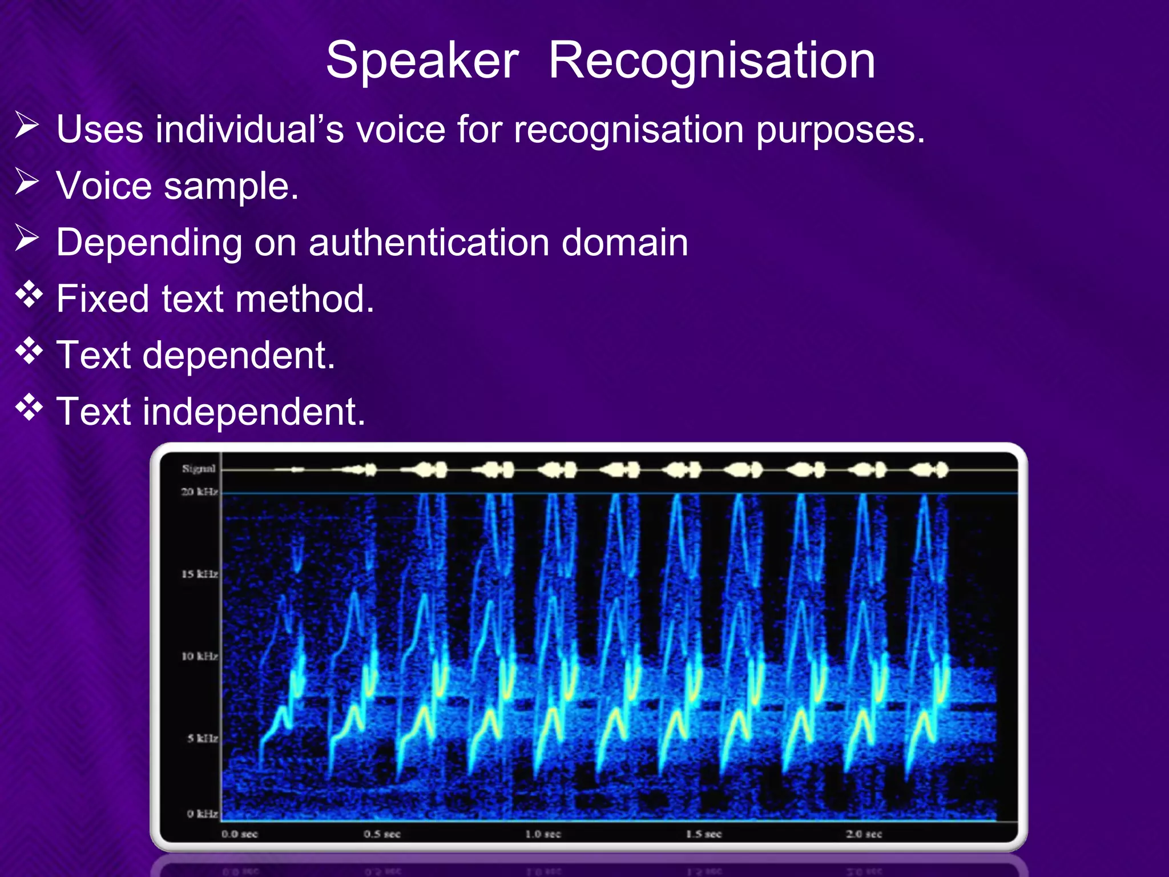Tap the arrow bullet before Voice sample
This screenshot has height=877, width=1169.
(x=27, y=182)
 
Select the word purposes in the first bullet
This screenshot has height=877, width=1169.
(x=840, y=130)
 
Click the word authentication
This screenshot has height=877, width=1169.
(x=429, y=243)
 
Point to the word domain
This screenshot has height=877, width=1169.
(x=624, y=243)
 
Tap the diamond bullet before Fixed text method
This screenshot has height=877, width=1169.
(x=29, y=295)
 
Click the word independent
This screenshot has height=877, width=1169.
(x=253, y=412)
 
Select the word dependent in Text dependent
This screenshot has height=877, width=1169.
(x=238, y=356)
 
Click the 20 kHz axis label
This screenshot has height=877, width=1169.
(x=199, y=492)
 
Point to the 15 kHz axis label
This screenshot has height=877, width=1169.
(x=199, y=574)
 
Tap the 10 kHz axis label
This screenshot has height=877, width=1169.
(x=199, y=656)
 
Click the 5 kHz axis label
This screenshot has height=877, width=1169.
(x=202, y=738)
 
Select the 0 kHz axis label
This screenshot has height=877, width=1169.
(x=202, y=814)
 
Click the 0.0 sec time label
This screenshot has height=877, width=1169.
(x=240, y=834)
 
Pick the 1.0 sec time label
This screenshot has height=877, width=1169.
(x=543, y=834)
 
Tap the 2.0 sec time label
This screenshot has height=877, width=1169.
(x=864, y=834)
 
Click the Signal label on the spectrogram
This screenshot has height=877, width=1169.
(x=199, y=469)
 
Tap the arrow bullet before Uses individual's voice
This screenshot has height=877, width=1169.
(x=27, y=126)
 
